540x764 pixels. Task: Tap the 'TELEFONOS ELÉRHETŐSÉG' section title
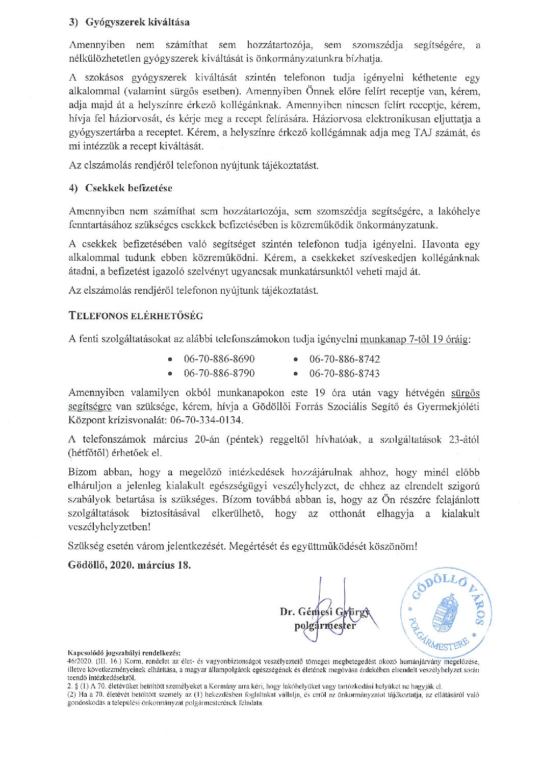(136, 316)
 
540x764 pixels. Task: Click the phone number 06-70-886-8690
(219, 359)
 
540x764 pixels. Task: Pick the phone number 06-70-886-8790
(219, 373)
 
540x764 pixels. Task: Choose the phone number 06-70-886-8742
(345, 359)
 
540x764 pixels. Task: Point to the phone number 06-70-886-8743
(345, 373)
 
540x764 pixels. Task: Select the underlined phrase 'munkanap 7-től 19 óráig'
(414, 339)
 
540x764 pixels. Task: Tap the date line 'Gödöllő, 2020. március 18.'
(130, 566)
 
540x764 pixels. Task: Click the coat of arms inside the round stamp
(444, 612)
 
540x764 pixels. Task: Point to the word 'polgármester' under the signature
(325, 626)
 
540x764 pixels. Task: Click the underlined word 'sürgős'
(465, 393)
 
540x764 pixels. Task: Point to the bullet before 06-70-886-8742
(296, 360)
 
